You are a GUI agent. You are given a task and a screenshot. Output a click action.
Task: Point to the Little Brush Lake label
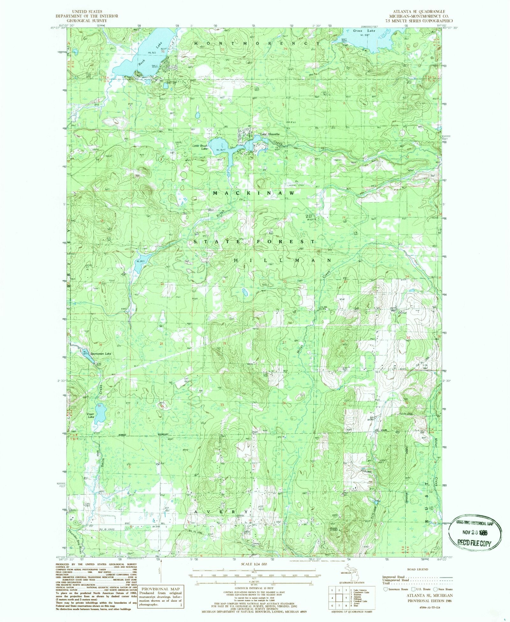coord(200,147)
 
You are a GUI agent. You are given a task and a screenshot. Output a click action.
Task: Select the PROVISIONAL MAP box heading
coord(160,589)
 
